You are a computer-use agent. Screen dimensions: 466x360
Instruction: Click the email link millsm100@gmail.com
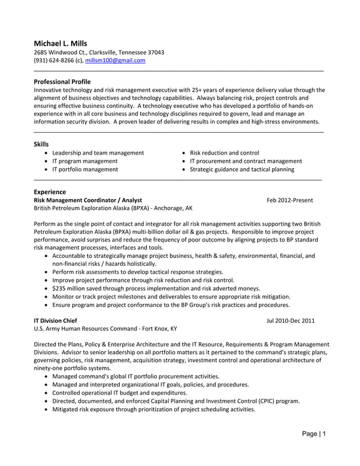pyautogui.click(x=115, y=60)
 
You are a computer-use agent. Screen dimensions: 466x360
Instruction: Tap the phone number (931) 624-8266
pyautogui.click(x=55, y=60)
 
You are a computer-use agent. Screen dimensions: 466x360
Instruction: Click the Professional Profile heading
pyautogui.click(x=62, y=82)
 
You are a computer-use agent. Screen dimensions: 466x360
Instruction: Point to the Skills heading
pyautogui.click(x=41, y=144)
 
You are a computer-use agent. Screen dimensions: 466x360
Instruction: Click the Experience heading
pyautogui.click(x=50, y=192)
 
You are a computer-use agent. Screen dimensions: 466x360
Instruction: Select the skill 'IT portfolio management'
pyautogui.click(x=85, y=169)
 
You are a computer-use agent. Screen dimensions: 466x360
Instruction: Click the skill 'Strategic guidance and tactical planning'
pyautogui.click(x=242, y=169)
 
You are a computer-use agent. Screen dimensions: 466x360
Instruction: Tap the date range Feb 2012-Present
pyautogui.click(x=289, y=200)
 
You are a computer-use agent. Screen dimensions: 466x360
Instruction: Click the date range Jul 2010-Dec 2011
pyautogui.click(x=290, y=321)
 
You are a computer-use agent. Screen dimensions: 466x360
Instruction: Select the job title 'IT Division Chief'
pyautogui.click(x=56, y=321)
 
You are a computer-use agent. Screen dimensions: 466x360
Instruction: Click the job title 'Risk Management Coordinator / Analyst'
pyautogui.click(x=88, y=200)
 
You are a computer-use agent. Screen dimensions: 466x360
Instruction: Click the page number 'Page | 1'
pyautogui.click(x=313, y=434)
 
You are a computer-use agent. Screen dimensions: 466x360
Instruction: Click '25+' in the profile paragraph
pyautogui.click(x=214, y=90)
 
